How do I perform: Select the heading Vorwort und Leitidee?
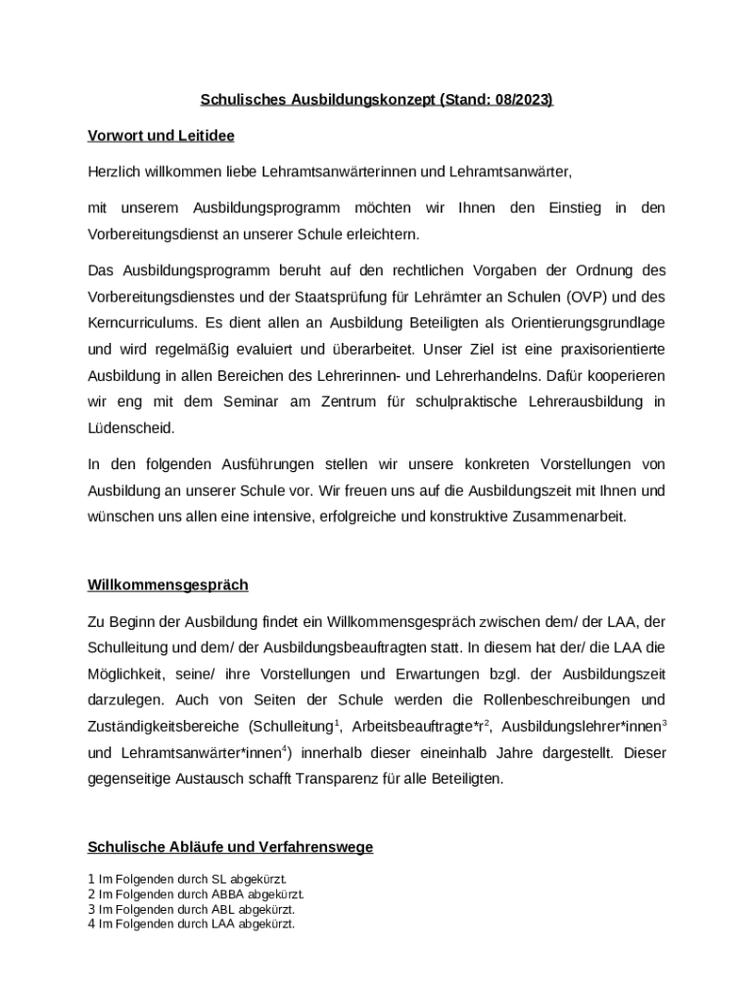coord(161,135)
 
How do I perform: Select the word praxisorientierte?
coord(611,349)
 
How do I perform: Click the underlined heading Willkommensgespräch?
coord(167,585)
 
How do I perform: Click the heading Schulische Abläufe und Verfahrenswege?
coord(230,846)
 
